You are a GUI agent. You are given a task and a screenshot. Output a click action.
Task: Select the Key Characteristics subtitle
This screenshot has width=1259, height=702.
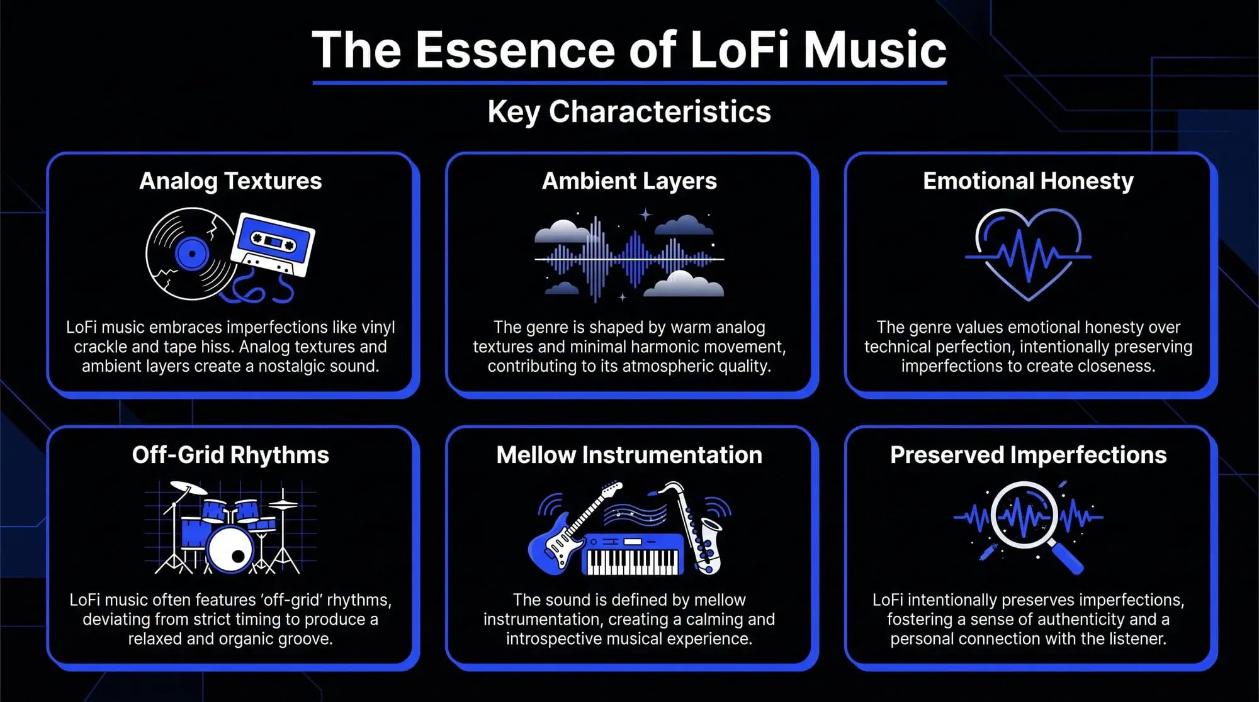(629, 112)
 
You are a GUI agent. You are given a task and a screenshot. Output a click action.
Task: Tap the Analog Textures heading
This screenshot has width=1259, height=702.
(230, 181)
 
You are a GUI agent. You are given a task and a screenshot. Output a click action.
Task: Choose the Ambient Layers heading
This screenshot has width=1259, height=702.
(629, 181)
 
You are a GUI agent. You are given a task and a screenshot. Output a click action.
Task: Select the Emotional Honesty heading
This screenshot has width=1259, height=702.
(1028, 181)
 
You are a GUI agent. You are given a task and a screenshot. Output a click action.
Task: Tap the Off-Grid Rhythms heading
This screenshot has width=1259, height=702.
(230, 455)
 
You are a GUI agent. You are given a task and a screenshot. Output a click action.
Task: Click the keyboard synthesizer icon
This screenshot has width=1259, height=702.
(633, 554)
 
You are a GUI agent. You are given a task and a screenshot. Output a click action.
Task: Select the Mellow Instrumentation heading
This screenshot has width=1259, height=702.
(629, 455)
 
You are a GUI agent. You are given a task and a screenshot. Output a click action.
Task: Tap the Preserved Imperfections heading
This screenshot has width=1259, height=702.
(1028, 455)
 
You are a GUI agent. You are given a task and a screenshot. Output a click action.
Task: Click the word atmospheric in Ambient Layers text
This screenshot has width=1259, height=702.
(679, 366)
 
